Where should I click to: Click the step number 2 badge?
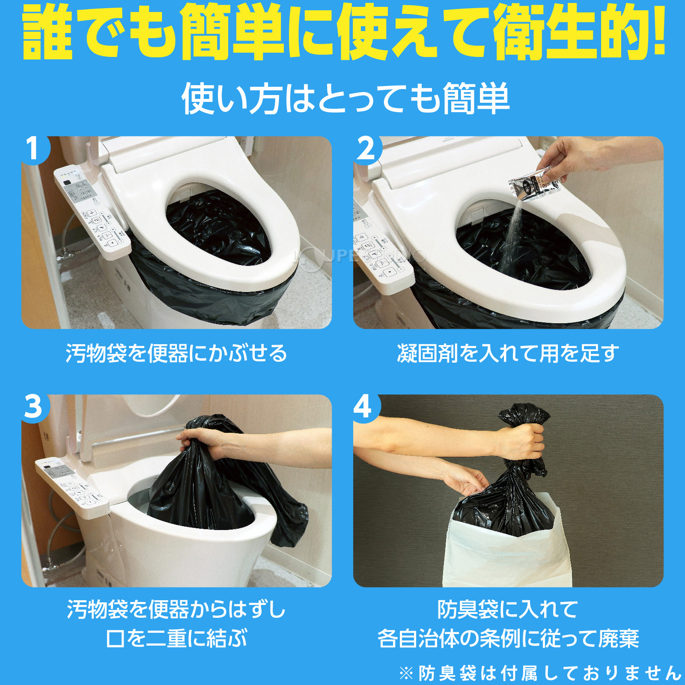click(x=366, y=149)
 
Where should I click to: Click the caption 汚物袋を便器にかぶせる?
click(x=176, y=354)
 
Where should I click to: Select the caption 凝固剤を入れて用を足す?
click(x=508, y=354)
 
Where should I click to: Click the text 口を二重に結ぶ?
click(x=176, y=638)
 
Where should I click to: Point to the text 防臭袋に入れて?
click(x=508, y=609)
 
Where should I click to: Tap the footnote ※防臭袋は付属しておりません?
click(x=539, y=673)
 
